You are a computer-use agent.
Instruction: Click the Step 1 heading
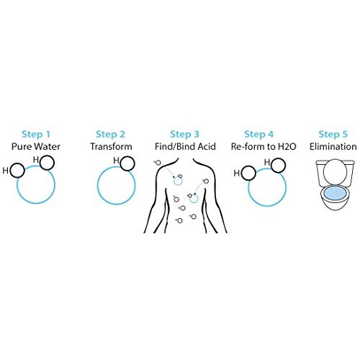point(36,134)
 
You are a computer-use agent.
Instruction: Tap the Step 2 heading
point(110,134)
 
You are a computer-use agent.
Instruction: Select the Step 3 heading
point(184,134)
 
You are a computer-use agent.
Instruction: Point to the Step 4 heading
point(259,134)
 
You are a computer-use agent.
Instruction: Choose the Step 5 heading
point(333,134)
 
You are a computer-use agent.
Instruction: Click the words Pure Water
point(36,146)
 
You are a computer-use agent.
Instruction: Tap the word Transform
point(111,146)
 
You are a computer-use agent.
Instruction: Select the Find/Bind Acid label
point(185,146)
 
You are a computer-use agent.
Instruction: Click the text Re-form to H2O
point(264,146)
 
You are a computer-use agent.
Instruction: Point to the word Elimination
point(333,146)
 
